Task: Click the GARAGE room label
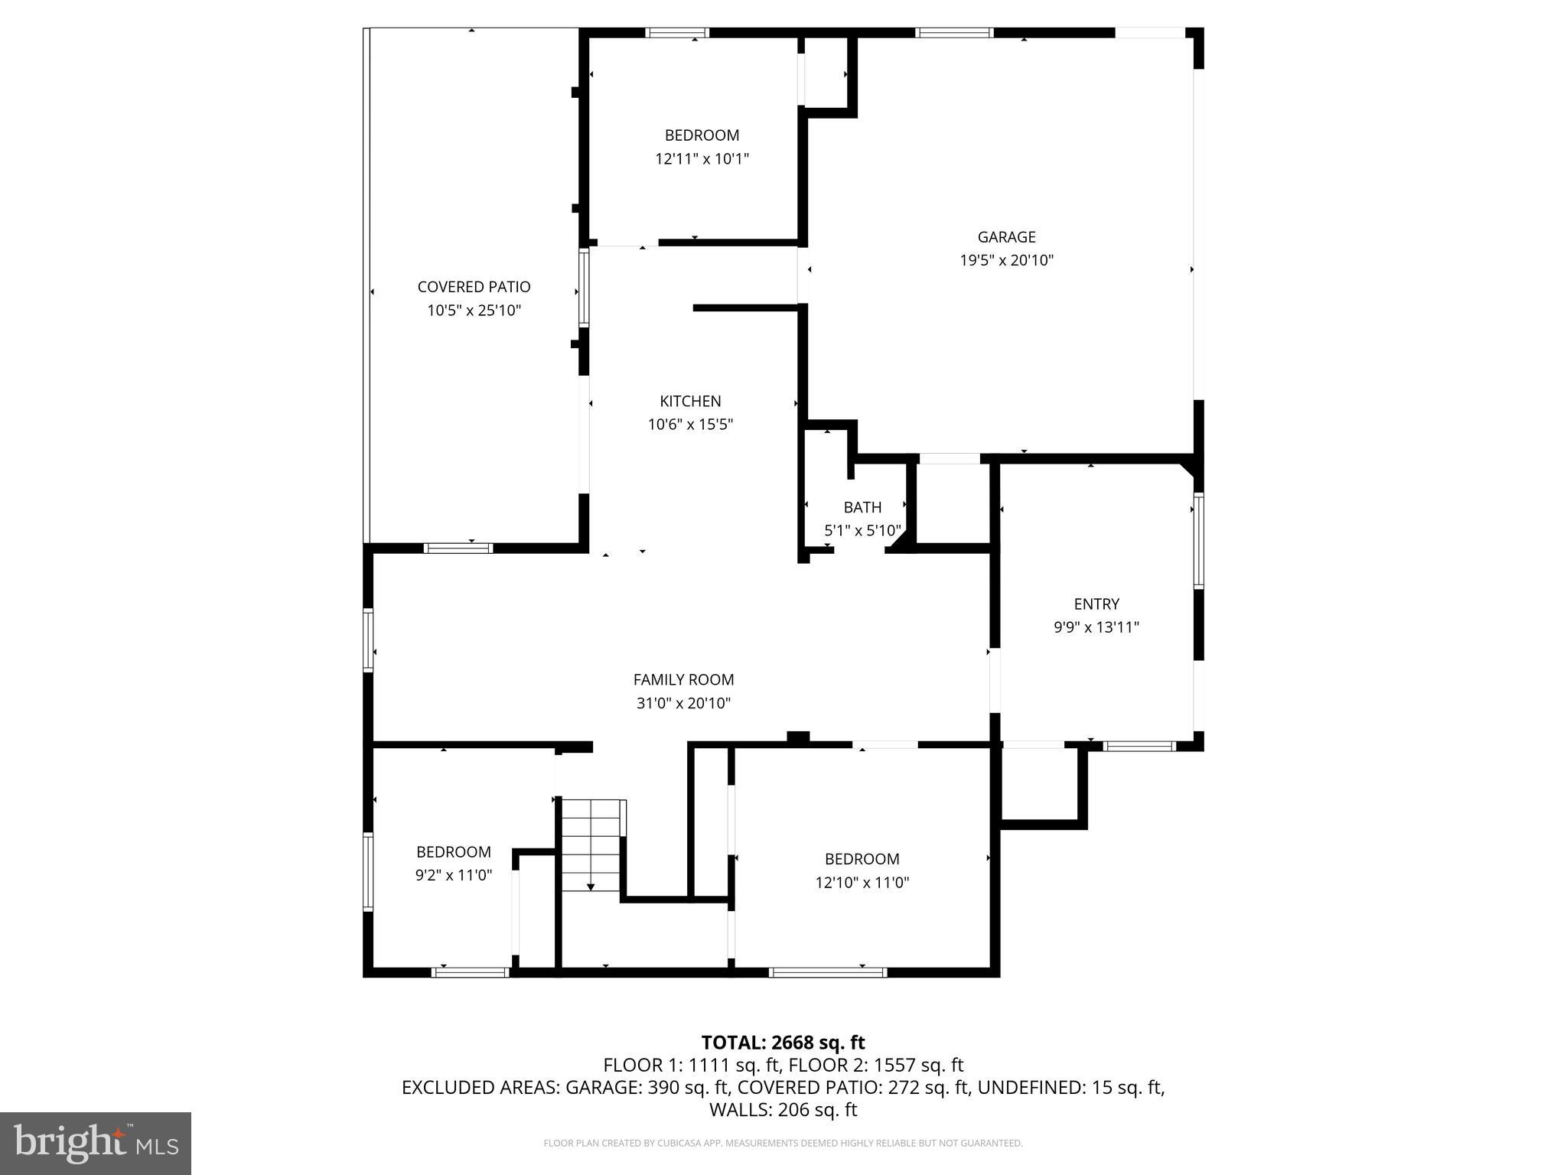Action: coord(1006,237)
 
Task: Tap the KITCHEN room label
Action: coord(690,401)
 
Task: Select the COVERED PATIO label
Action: coord(474,287)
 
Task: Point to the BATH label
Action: coord(862,507)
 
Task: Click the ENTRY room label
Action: coord(1096,604)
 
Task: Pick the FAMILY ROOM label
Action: coord(683,679)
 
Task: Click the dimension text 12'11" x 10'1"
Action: coord(702,159)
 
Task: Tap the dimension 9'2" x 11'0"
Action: coord(454,875)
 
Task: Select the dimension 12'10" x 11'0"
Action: coord(862,883)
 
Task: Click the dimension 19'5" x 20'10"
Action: coord(1006,260)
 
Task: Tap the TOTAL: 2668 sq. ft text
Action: coord(783,1043)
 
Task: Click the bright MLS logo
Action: coord(96,1143)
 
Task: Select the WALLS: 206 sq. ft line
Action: coord(783,1110)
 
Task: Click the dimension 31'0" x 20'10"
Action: coord(683,703)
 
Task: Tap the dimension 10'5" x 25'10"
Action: coord(474,311)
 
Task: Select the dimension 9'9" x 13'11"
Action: coord(1096,627)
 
